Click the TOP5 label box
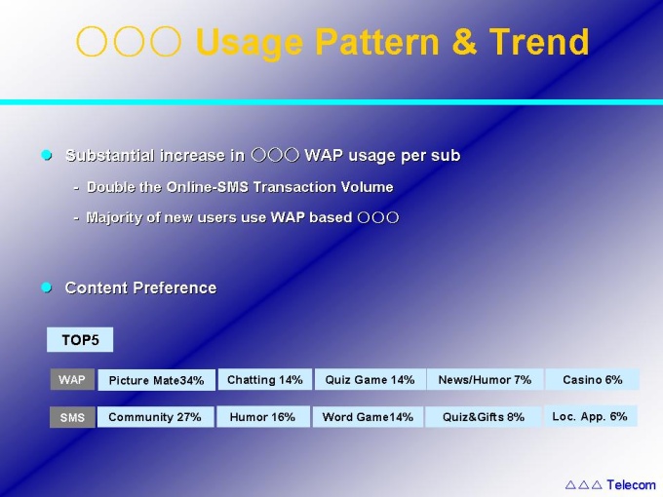[80, 339]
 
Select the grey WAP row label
[72, 379]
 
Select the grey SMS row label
[72, 417]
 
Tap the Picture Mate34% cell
[156, 379]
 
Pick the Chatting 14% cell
[265, 379]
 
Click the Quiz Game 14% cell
[370, 379]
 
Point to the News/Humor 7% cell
[485, 379]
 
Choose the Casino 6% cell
[593, 379]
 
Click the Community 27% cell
[155, 417]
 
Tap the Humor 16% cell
[263, 417]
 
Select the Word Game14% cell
[368, 417]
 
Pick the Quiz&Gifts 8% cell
[484, 417]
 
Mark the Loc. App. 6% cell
[590, 416]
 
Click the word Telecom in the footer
[631, 484]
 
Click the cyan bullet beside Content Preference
[47, 287]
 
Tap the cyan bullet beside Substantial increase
[47, 155]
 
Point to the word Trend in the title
[539, 41]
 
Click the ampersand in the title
[464, 41]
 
